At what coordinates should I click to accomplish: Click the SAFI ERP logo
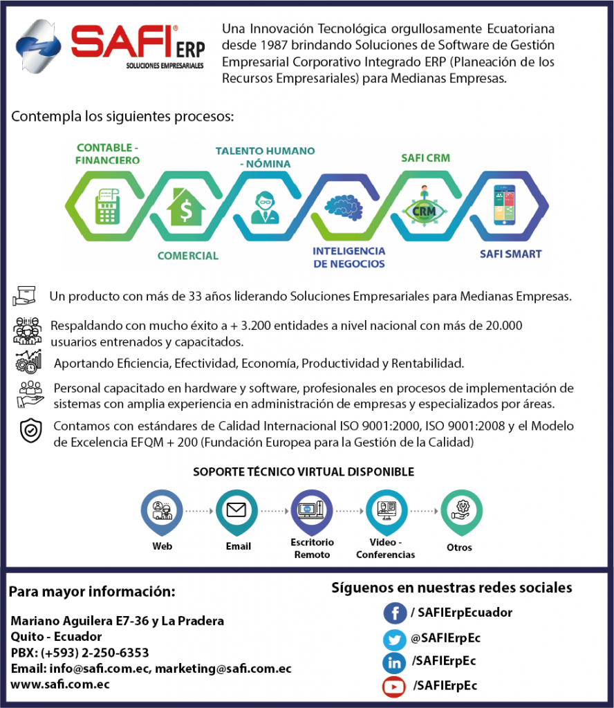coord(111,46)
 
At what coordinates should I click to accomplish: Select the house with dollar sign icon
coord(186,207)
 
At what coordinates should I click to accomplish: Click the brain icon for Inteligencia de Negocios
coord(343,205)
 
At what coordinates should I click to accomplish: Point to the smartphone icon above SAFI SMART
coord(504,204)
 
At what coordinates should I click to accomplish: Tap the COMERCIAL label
coord(187,256)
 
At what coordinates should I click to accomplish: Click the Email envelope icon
coord(236,511)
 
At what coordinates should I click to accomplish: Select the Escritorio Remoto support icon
coord(312,510)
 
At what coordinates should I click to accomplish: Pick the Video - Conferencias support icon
coord(386,510)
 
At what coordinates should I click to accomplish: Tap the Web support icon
coord(162,510)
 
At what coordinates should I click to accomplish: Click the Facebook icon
coord(395,613)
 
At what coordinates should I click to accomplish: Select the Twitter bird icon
coord(394,639)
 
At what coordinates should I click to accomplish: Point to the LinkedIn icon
coord(394,663)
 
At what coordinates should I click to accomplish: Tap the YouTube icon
coord(394,687)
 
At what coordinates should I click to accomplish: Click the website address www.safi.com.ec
coord(60,684)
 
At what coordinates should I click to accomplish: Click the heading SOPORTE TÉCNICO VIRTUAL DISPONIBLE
coord(304,472)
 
